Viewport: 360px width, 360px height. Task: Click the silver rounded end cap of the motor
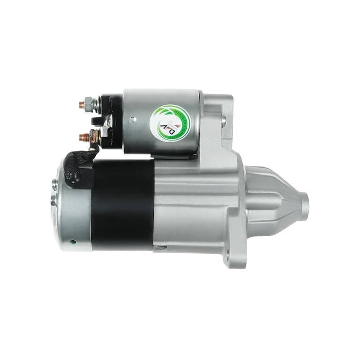(x=72, y=207)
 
